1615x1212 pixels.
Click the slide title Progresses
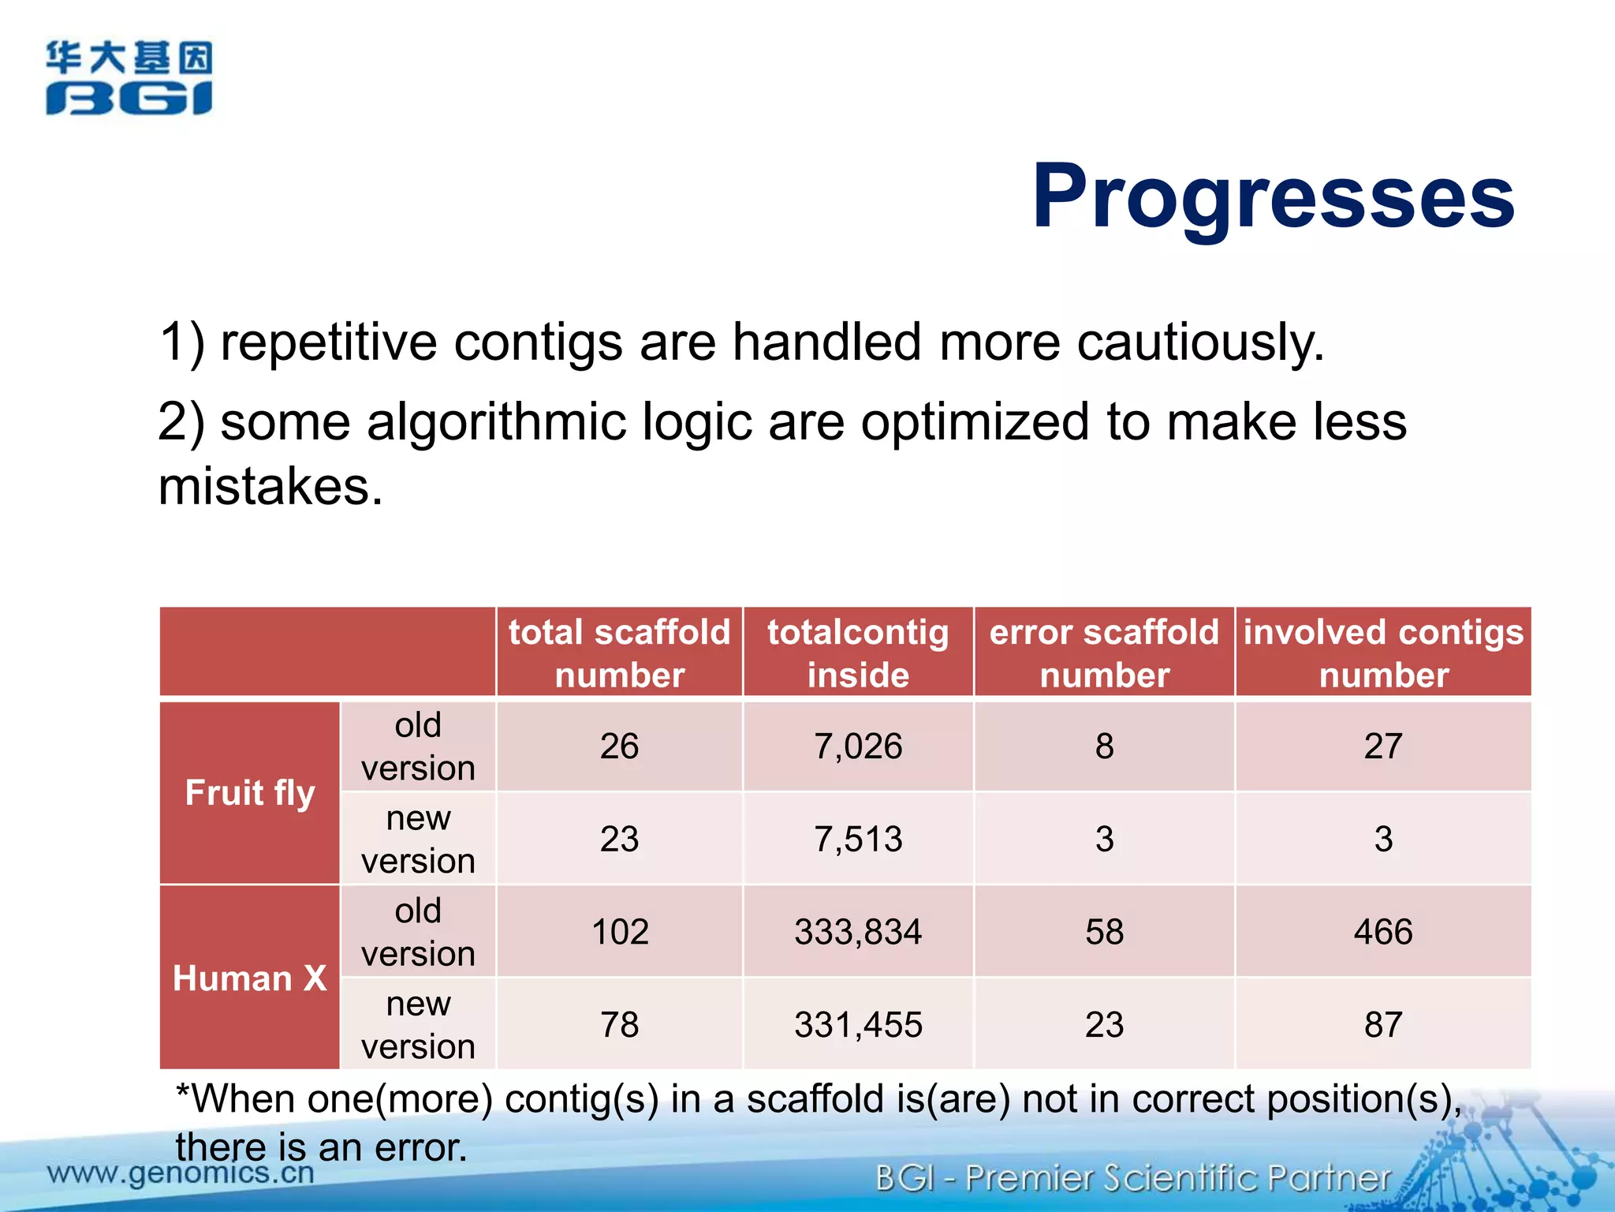(1273, 196)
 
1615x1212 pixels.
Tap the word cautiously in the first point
(1199, 342)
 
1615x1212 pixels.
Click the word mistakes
(270, 486)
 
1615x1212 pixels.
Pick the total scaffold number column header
(619, 653)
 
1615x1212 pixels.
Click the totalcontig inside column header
(858, 653)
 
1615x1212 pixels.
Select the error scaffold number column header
(1104, 653)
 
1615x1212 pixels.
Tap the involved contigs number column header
(1383, 653)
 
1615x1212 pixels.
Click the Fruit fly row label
(249, 792)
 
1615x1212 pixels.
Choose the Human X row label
(249, 978)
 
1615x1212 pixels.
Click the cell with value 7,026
(858, 746)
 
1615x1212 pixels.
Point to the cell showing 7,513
(858, 839)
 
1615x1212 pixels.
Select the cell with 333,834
(858, 932)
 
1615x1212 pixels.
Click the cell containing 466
(1383, 932)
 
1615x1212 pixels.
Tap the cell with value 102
(620, 932)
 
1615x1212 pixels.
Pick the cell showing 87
(1383, 1025)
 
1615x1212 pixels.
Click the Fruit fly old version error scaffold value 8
(1104, 746)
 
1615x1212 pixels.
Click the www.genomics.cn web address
(181, 1173)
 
